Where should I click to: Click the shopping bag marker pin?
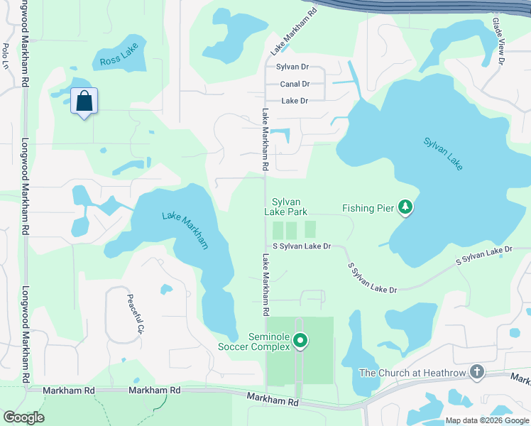pos(84,102)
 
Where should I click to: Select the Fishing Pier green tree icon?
pos(405,207)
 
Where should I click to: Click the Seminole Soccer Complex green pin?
pos(300,342)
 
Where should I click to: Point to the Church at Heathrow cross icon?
pos(477,372)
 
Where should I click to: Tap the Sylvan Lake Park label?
pos(286,207)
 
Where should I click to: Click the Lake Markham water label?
pos(185,230)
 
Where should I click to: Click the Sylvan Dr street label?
pos(292,67)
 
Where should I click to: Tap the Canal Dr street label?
pos(295,84)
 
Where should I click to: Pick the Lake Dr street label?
pos(295,101)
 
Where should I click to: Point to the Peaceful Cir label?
pos(135,314)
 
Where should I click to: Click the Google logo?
pos(23,417)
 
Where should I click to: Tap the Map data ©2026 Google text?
pos(487,420)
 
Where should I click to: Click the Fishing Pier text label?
pos(368,208)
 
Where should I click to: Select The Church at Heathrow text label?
pos(414,373)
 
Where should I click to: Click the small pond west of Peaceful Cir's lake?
pos(166,289)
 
